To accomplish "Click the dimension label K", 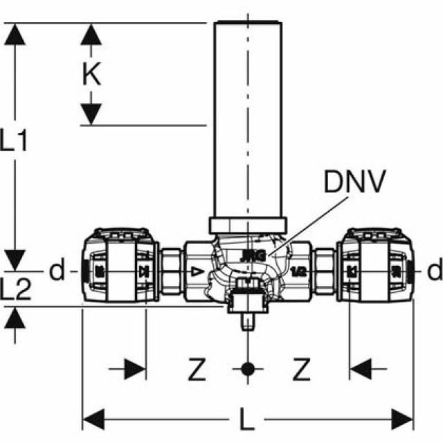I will (91, 74).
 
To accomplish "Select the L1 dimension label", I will (15, 142).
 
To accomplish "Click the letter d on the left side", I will (57, 271).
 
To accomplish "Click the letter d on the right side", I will (433, 271).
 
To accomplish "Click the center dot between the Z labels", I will (246, 368).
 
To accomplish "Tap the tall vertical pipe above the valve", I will (247, 118).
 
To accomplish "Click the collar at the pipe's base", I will (247, 225).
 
